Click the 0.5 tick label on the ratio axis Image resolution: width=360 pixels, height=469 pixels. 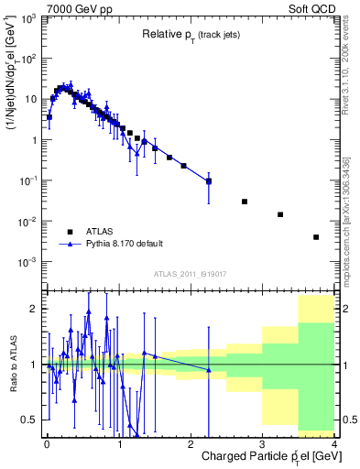click(x=29, y=420)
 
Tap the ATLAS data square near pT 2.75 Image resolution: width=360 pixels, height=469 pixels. click(x=245, y=202)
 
